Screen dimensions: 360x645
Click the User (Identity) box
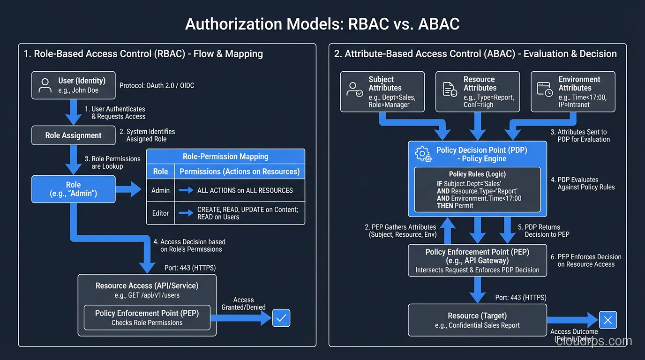coord(73,85)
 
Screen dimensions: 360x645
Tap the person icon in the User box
coord(45,85)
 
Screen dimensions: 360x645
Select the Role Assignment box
coord(73,135)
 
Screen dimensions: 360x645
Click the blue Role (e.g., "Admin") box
coord(73,189)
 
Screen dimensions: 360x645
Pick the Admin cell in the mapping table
coord(160,190)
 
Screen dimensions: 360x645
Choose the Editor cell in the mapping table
coord(160,213)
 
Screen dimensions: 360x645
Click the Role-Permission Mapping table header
coord(225,157)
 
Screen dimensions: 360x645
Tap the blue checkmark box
coord(281,318)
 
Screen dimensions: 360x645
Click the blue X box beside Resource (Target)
coord(608,320)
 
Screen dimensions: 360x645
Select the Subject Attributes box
coord(382,92)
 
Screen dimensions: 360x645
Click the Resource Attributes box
coord(477,92)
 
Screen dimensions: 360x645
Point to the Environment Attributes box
coord(572,92)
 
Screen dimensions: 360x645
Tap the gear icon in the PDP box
coord(423,154)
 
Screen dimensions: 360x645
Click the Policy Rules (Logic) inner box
coord(477,190)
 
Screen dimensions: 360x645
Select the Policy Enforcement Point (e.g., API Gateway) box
coord(477,261)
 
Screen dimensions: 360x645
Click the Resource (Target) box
coord(477,320)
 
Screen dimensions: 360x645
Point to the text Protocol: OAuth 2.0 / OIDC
coord(157,85)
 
